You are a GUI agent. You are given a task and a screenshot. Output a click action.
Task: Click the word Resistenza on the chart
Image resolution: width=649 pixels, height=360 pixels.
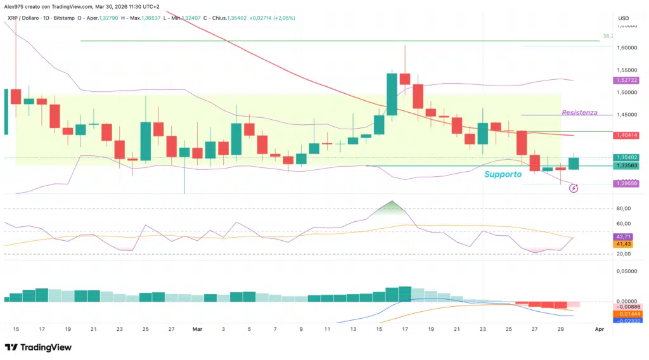click(579, 112)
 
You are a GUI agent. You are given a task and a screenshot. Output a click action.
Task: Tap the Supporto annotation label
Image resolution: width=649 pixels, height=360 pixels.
click(503, 174)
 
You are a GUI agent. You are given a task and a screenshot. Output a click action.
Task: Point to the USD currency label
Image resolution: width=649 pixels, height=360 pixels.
click(623, 18)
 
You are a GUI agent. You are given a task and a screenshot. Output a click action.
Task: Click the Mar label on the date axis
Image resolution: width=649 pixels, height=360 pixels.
click(196, 330)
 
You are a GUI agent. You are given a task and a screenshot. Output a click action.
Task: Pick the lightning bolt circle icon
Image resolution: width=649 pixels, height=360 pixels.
click(574, 188)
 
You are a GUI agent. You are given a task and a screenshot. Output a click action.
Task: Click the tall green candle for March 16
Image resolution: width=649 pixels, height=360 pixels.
click(392, 94)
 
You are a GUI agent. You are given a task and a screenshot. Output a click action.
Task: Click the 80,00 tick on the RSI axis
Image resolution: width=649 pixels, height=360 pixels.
click(624, 209)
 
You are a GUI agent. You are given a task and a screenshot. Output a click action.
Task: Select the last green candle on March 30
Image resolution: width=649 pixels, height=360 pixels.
click(573, 163)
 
